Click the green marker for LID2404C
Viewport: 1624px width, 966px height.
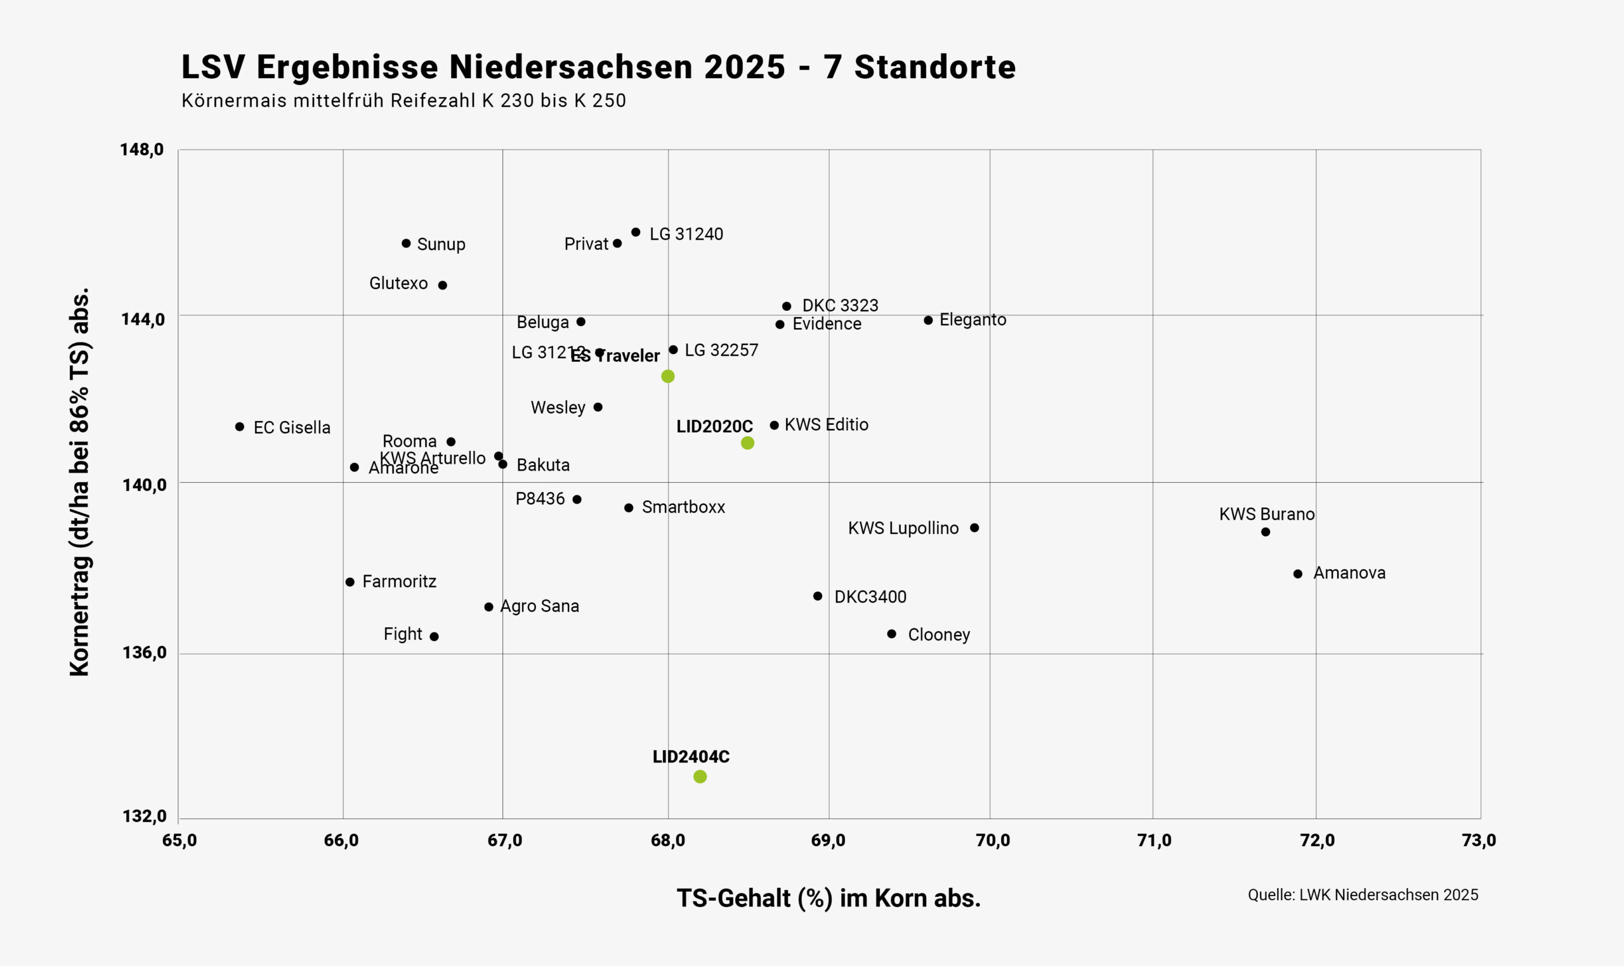(x=700, y=776)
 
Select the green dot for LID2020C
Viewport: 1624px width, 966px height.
(x=747, y=443)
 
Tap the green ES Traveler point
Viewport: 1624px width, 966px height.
(x=668, y=376)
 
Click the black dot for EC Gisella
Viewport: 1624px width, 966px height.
(x=240, y=427)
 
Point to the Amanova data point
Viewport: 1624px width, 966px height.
(x=1298, y=573)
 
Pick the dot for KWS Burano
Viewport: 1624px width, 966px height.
(x=1266, y=532)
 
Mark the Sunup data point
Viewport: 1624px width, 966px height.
(x=406, y=244)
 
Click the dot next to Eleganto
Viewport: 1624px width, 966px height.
(x=928, y=320)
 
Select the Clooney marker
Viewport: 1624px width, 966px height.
(x=892, y=634)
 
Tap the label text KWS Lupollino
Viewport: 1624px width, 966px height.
(x=903, y=528)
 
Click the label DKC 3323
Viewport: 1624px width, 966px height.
(x=840, y=305)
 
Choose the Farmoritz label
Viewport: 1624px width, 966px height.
(x=399, y=581)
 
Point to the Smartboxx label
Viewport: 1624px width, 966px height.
(x=683, y=507)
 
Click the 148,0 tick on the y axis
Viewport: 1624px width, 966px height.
(x=141, y=150)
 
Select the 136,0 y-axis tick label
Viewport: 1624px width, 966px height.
(x=144, y=652)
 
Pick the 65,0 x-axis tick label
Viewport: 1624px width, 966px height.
(x=179, y=840)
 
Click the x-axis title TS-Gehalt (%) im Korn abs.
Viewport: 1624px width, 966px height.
(x=828, y=898)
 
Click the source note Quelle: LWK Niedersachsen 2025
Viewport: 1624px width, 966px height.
(x=1363, y=895)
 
